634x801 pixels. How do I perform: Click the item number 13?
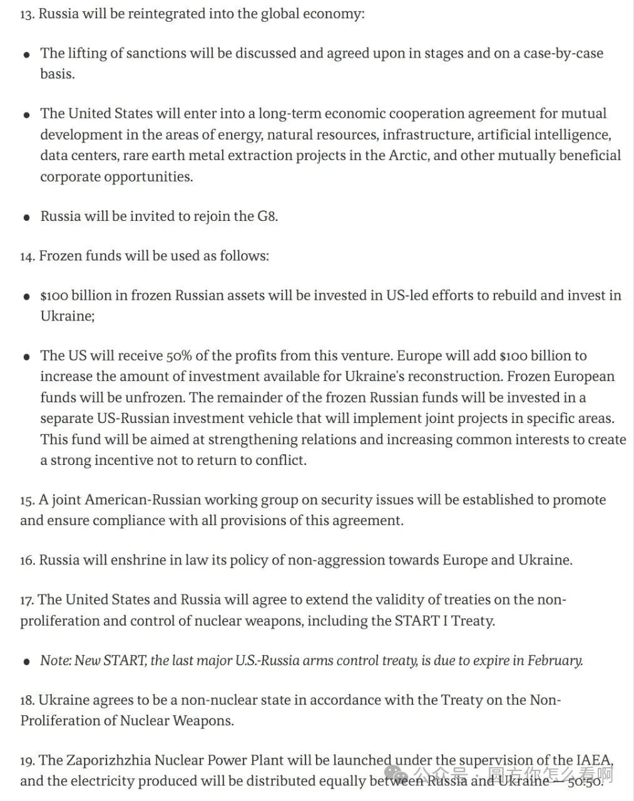pyautogui.click(x=27, y=14)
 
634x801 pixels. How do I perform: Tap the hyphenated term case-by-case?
pyautogui.click(x=563, y=53)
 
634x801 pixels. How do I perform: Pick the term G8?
pyautogui.click(x=267, y=216)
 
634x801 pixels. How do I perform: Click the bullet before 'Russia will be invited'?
pyautogui.click(x=26, y=217)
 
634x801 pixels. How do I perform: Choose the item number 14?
pyautogui.click(x=27, y=256)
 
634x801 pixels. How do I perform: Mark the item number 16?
pyautogui.click(x=27, y=560)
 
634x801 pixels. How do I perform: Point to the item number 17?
pyautogui.click(x=27, y=600)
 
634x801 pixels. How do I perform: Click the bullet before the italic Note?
pyautogui.click(x=26, y=661)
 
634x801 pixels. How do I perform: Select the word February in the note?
pyautogui.click(x=555, y=660)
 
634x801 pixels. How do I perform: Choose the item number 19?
pyautogui.click(x=27, y=761)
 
